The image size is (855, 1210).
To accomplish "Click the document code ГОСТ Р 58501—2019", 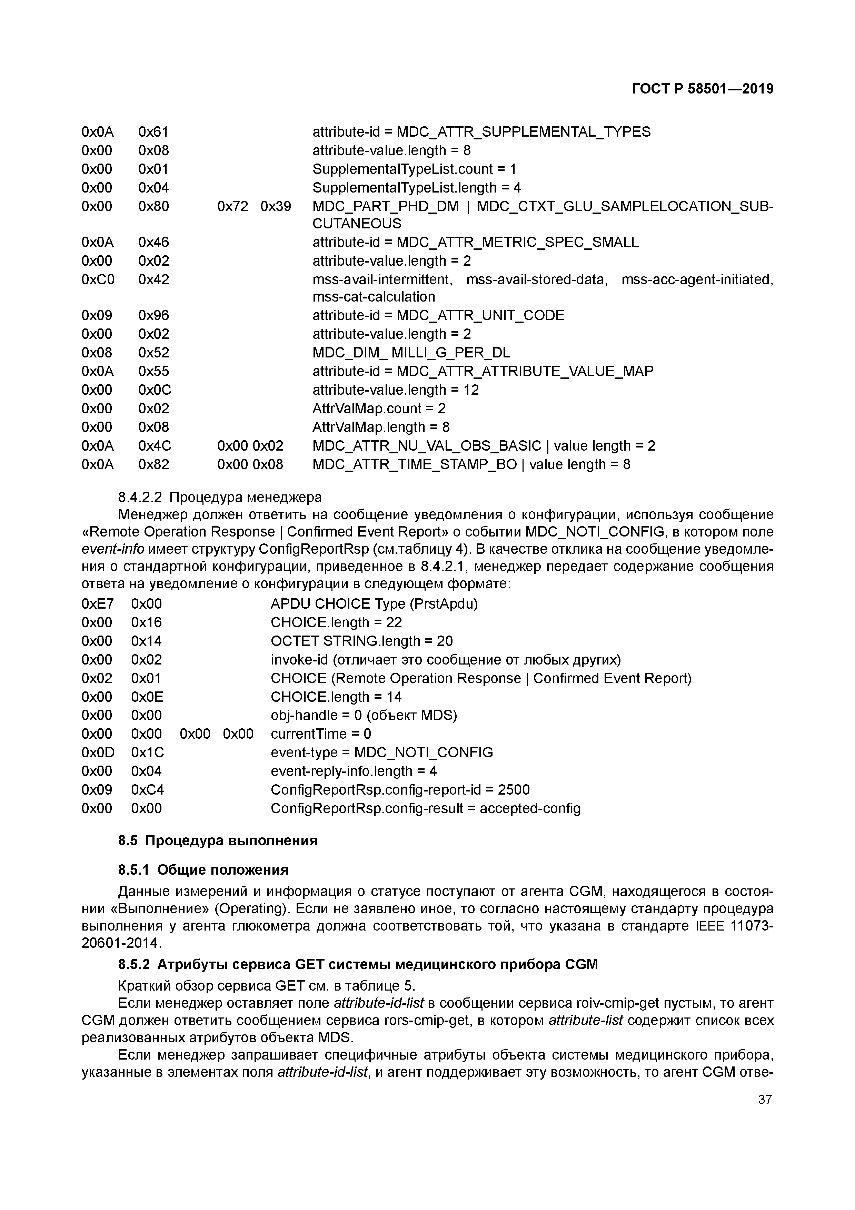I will [702, 89].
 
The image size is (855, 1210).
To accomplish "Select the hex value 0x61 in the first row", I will [153, 132].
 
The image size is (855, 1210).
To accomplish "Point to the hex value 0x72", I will [232, 206].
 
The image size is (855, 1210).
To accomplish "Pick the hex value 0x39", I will [276, 206].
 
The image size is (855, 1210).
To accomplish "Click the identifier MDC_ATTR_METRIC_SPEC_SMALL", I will [517, 243].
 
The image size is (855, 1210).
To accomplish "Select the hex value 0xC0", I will [98, 279].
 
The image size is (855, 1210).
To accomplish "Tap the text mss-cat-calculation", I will [374, 297].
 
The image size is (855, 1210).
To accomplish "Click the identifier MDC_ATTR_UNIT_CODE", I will [480, 315].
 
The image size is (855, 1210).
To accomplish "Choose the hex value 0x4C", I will [155, 446].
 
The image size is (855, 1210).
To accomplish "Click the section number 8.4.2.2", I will [140, 497].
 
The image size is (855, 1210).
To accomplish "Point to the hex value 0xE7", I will [98, 604].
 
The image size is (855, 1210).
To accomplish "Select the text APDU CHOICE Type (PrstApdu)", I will [374, 604].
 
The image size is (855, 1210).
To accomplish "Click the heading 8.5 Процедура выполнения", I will [218, 840].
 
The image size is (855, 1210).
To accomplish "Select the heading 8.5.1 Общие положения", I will [203, 869].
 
